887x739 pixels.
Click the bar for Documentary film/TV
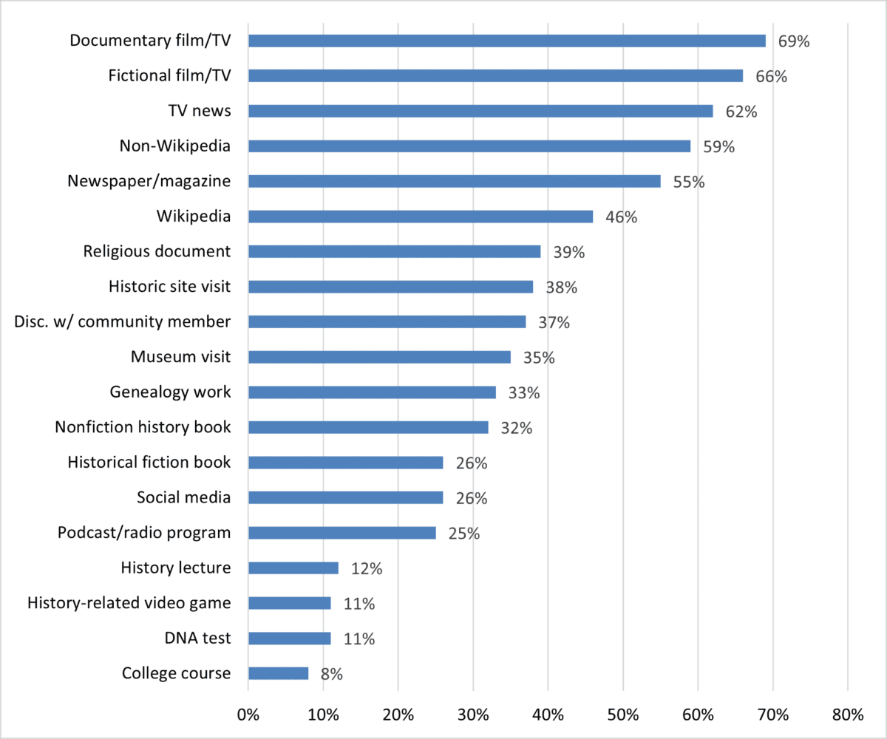tap(506, 41)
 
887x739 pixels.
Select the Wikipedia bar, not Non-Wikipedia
tap(420, 217)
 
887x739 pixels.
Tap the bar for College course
tap(278, 673)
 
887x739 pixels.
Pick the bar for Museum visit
tap(379, 357)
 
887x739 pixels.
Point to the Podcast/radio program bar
tap(341, 533)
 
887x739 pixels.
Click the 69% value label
tap(794, 41)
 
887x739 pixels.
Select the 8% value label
tap(332, 674)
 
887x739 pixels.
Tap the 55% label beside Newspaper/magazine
tap(689, 182)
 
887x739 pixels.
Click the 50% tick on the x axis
tap(622, 715)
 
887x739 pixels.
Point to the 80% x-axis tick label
tap(847, 715)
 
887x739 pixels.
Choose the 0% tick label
tap(248, 715)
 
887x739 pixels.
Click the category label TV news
tap(199, 111)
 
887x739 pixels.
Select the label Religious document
tap(157, 251)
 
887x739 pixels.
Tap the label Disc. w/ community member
tap(123, 321)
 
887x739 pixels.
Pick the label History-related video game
tap(129, 603)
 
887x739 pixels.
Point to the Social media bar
tap(345, 497)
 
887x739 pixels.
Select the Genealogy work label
tap(170, 392)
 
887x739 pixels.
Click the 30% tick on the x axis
tap(472, 715)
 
